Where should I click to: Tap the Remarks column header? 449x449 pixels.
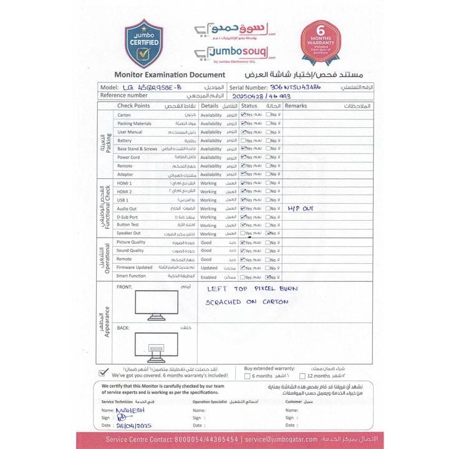(297, 106)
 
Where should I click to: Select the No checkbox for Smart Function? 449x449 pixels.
(268, 276)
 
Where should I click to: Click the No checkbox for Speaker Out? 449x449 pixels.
(268, 233)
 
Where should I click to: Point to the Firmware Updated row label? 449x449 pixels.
(134, 268)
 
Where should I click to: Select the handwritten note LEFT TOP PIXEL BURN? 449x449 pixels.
(252, 289)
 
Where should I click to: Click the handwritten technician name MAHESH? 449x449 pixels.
(131, 410)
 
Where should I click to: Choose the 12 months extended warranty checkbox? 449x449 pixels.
(302, 376)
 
